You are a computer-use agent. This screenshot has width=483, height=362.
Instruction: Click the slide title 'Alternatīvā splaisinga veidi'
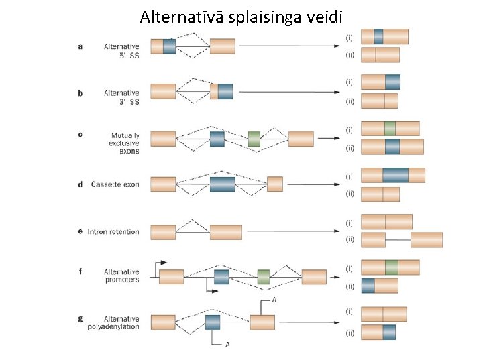click(x=241, y=17)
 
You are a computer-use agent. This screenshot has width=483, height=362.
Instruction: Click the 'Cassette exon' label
click(x=115, y=184)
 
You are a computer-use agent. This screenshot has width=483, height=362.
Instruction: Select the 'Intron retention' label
click(x=112, y=232)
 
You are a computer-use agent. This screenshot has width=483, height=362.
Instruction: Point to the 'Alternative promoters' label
click(x=121, y=276)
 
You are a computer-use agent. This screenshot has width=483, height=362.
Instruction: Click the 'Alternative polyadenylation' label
click(x=113, y=322)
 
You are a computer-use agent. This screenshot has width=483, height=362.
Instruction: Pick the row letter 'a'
click(x=80, y=46)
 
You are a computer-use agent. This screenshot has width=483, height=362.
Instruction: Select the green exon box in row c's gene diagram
click(x=254, y=139)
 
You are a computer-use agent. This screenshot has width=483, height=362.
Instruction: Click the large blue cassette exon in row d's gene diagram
click(x=222, y=184)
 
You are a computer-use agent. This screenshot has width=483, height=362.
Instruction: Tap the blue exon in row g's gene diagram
click(x=213, y=322)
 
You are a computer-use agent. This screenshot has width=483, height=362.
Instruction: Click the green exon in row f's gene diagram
click(x=264, y=277)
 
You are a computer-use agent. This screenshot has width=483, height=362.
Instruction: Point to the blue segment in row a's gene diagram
click(x=169, y=46)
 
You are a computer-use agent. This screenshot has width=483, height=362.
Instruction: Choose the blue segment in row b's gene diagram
click(x=225, y=92)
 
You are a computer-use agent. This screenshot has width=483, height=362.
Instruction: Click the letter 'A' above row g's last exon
click(x=274, y=300)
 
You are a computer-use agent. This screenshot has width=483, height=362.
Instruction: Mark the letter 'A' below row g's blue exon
click(x=227, y=345)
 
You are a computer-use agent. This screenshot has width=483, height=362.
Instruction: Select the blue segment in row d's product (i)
click(x=396, y=175)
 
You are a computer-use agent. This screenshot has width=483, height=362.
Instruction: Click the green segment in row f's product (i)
click(x=392, y=267)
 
